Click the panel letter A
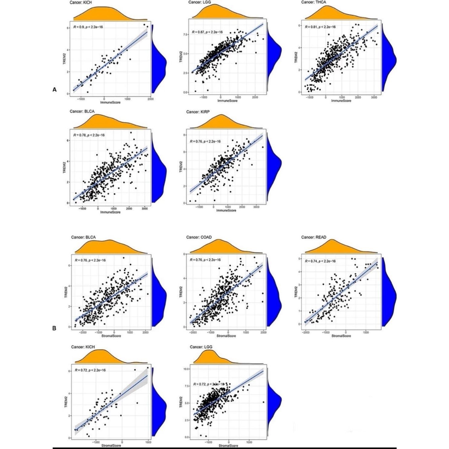click(x=54, y=90)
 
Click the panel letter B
click(x=54, y=328)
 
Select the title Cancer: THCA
click(x=313, y=2)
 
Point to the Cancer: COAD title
click(x=199, y=237)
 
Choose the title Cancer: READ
click(x=314, y=237)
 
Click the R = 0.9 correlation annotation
click(x=88, y=27)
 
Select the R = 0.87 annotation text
click(x=207, y=32)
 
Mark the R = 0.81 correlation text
click(x=320, y=27)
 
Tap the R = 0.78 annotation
click(x=89, y=135)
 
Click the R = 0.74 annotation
click(x=320, y=261)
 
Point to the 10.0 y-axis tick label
click(x=186, y=369)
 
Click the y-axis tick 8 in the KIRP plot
click(x=185, y=135)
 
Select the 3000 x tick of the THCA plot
click(x=374, y=97)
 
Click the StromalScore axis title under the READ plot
click(x=341, y=336)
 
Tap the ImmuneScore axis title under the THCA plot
click(x=341, y=101)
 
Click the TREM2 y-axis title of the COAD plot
click(x=181, y=292)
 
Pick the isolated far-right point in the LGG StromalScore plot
click(x=263, y=402)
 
